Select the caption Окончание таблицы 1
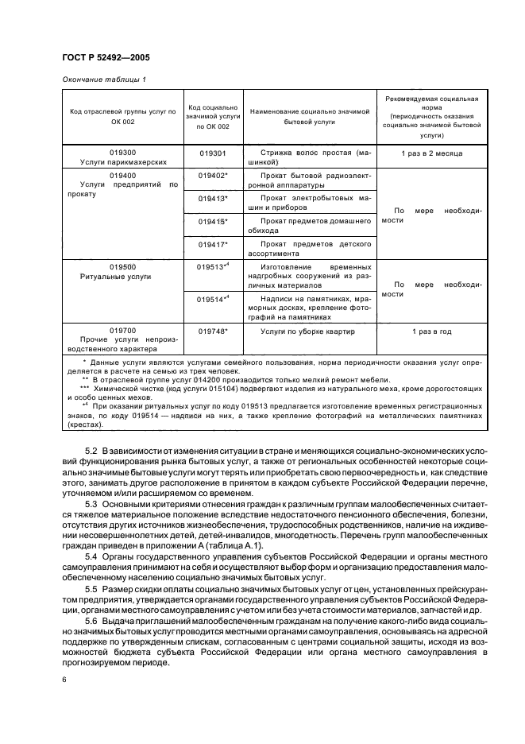coord(104,79)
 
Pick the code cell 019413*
coord(213,199)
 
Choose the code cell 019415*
coord(213,222)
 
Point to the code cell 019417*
coord(213,245)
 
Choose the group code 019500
coord(123,267)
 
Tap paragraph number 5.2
coord(92,451)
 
